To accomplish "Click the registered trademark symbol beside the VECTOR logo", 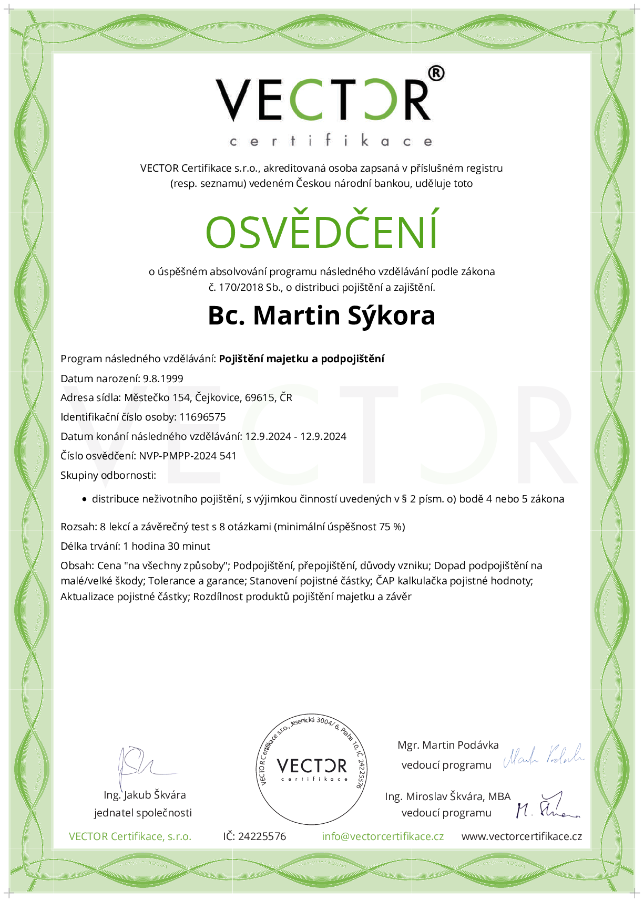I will (436, 74).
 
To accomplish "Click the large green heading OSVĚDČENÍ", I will (322, 232).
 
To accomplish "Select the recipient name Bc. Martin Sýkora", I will (322, 316).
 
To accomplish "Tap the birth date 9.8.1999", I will (163, 379).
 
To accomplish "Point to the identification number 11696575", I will (202, 417).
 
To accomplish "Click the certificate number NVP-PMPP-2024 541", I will (188, 456).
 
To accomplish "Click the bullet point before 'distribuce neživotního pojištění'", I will (84, 500).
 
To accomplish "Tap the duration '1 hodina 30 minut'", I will (167, 546).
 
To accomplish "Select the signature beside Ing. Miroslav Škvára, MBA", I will (547, 806).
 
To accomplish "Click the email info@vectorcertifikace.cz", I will (383, 836).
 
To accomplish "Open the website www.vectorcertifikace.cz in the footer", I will (522, 836).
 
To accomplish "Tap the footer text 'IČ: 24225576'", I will (254, 836).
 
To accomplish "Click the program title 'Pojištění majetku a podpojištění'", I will (302, 359).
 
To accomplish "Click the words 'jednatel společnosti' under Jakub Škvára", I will (143, 813).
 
